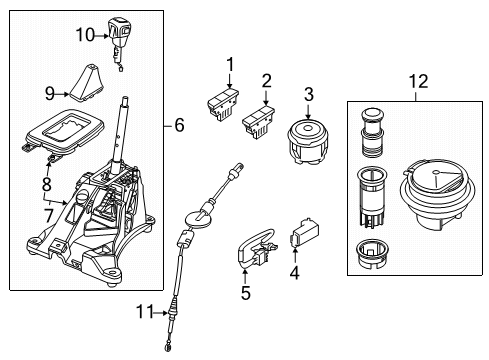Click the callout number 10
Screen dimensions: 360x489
click(x=84, y=36)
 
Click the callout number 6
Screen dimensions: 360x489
click(x=179, y=126)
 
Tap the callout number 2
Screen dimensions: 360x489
click(x=266, y=81)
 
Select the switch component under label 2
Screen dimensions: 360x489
click(x=259, y=122)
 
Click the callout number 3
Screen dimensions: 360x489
click(x=308, y=94)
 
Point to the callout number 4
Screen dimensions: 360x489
click(x=294, y=271)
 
